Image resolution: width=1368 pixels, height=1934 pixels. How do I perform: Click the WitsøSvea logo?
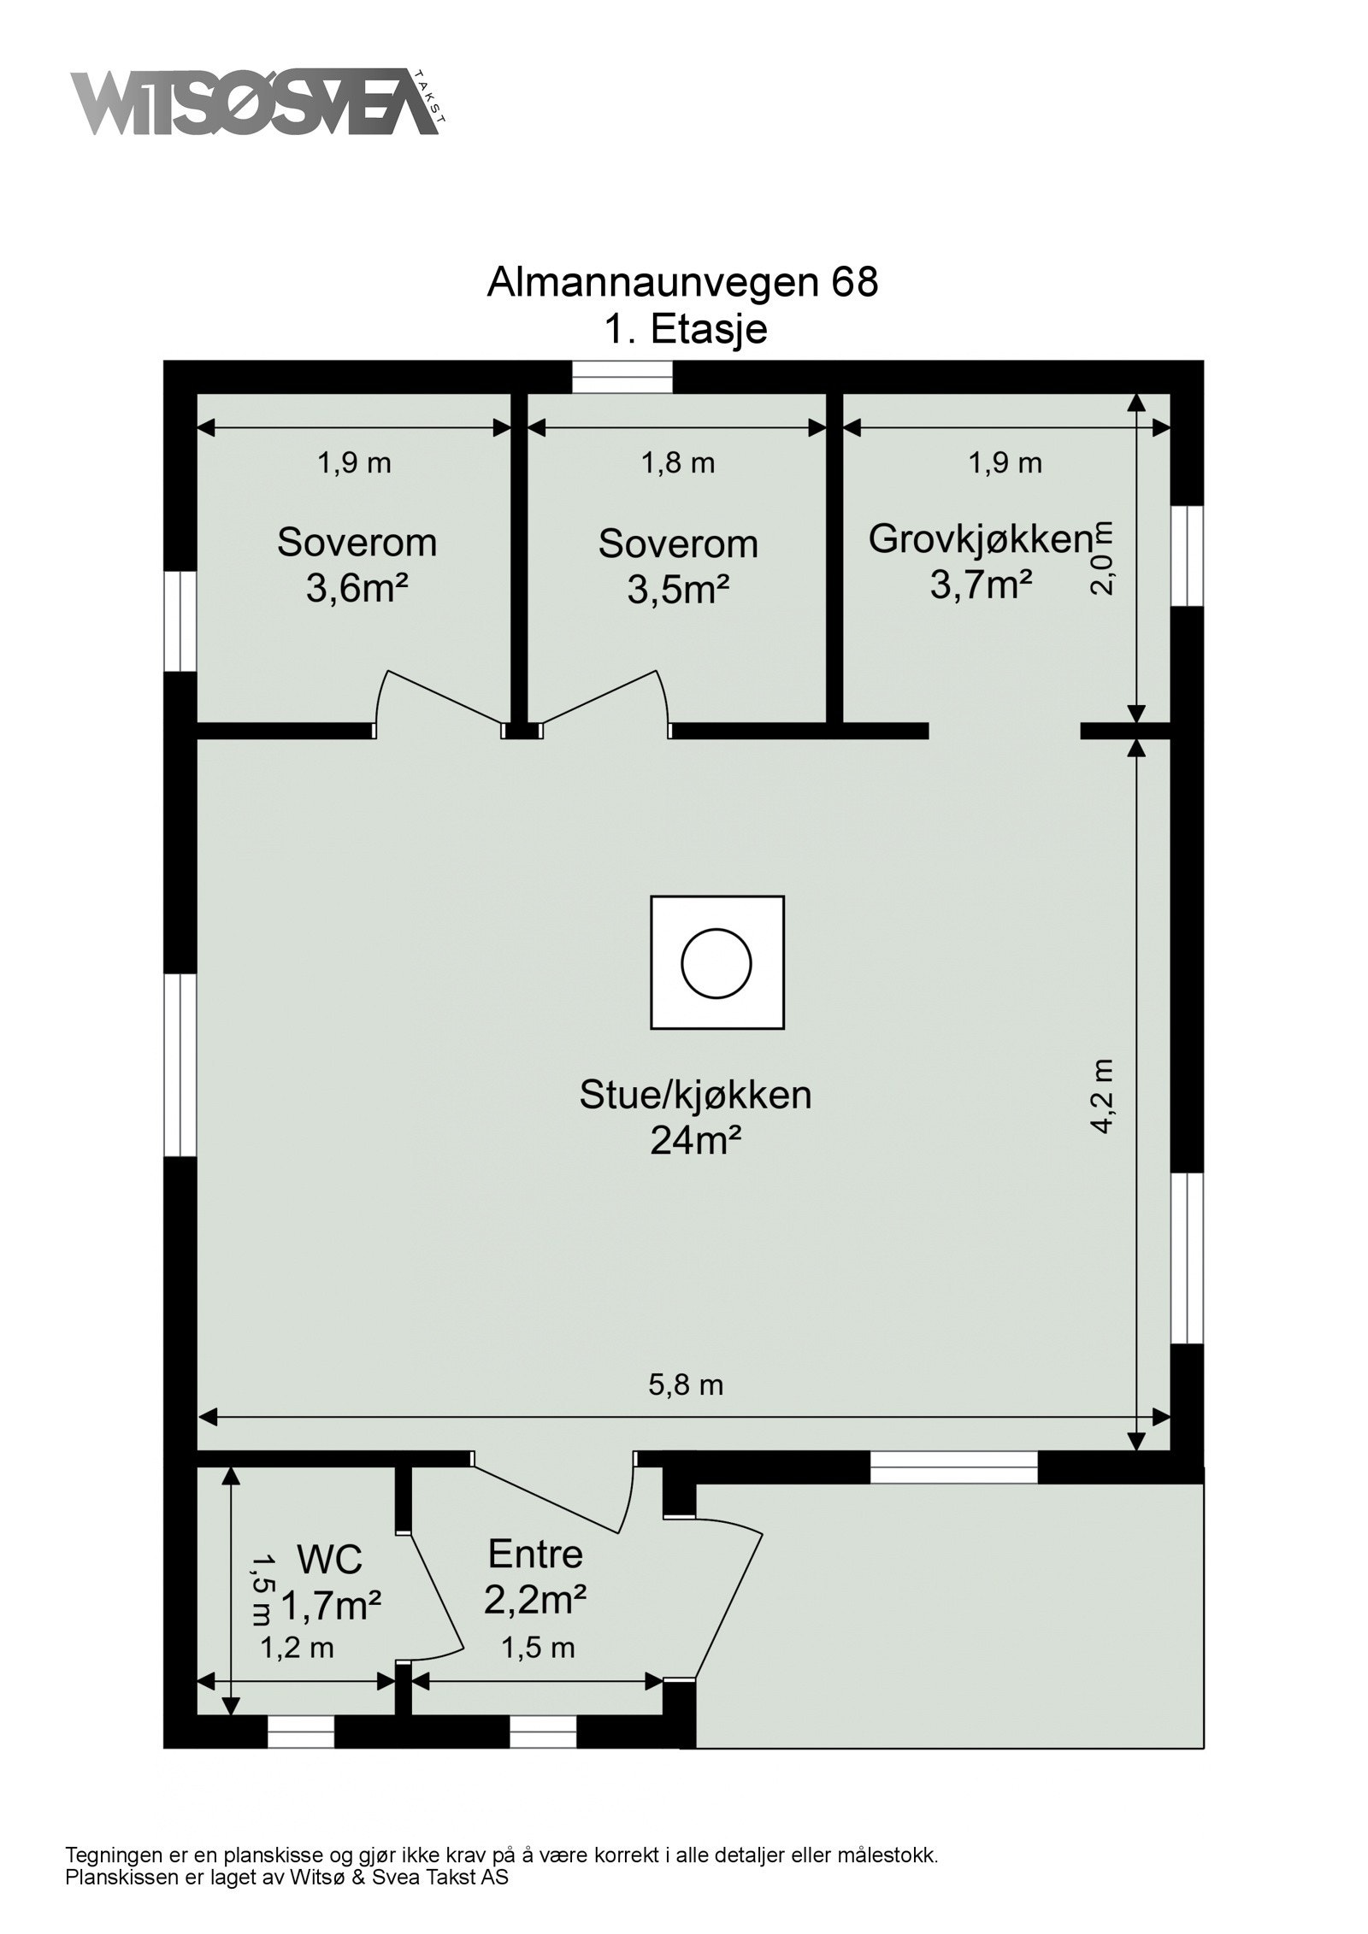click(x=256, y=103)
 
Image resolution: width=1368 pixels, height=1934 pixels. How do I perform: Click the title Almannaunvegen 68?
click(x=681, y=283)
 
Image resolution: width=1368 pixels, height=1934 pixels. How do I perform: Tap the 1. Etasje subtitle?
click(x=685, y=329)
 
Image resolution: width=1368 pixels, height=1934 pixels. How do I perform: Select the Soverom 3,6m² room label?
click(x=357, y=565)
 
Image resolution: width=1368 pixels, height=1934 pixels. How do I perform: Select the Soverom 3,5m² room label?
click(x=677, y=566)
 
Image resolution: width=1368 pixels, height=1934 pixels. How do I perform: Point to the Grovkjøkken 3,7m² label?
click(x=980, y=561)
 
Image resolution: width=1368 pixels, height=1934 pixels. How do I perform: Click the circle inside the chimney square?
click(x=716, y=963)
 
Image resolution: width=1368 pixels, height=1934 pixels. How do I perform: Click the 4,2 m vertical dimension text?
click(x=1103, y=1096)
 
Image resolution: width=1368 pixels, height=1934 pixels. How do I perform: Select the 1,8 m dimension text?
click(x=678, y=463)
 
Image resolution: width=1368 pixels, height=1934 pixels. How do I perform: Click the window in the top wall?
click(x=622, y=377)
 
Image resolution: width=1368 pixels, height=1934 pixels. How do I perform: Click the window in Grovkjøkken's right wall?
click(x=1186, y=556)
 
